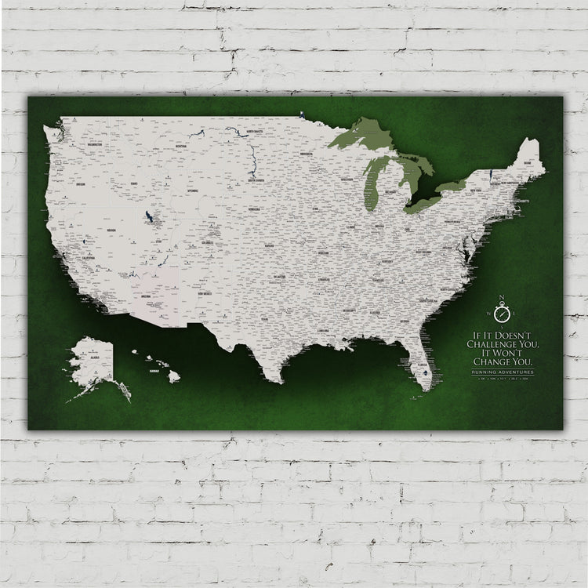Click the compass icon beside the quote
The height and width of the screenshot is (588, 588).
coord(502,312)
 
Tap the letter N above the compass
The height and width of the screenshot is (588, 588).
coord(502,297)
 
